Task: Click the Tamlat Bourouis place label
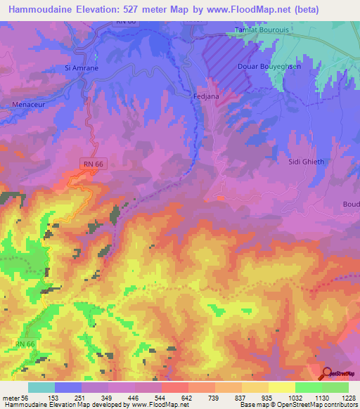(260, 32)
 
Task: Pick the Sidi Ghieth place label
(306, 161)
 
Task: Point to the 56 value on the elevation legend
(25, 397)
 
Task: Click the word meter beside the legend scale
(11, 397)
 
